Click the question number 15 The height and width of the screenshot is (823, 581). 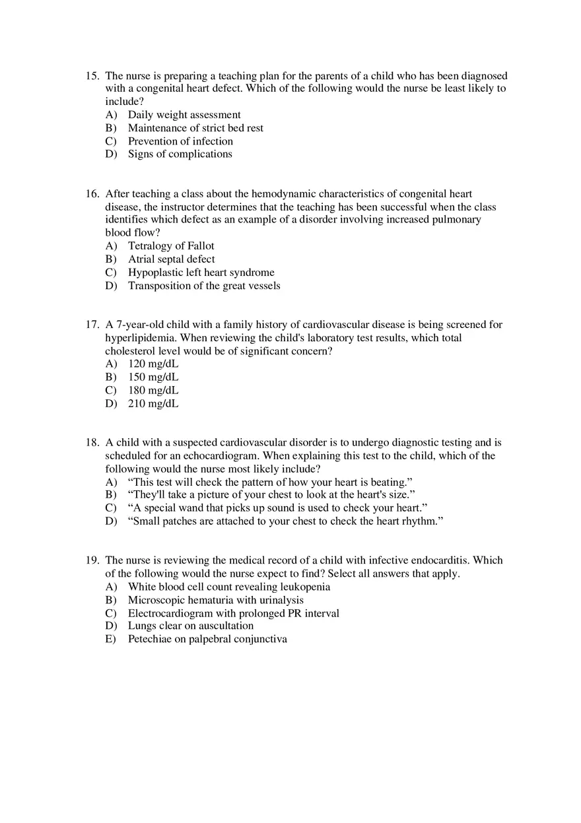92,76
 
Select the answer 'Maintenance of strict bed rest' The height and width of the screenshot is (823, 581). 195,128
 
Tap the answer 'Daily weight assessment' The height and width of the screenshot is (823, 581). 184,115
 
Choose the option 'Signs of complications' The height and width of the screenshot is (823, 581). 180,154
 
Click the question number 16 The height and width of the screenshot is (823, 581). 92,194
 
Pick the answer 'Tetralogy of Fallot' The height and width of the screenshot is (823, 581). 171,246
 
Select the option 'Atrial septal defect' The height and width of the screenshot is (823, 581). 171,259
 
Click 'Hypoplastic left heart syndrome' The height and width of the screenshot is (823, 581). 201,273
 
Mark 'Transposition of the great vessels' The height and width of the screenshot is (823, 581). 204,286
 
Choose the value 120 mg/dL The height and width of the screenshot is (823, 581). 153,364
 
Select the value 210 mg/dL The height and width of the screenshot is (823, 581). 153,403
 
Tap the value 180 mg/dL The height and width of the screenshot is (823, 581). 153,390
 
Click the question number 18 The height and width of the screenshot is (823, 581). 92,443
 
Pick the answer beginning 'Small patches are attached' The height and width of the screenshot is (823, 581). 285,521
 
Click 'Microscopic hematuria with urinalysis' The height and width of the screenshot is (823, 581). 215,600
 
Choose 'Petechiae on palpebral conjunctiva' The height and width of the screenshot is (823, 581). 207,639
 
